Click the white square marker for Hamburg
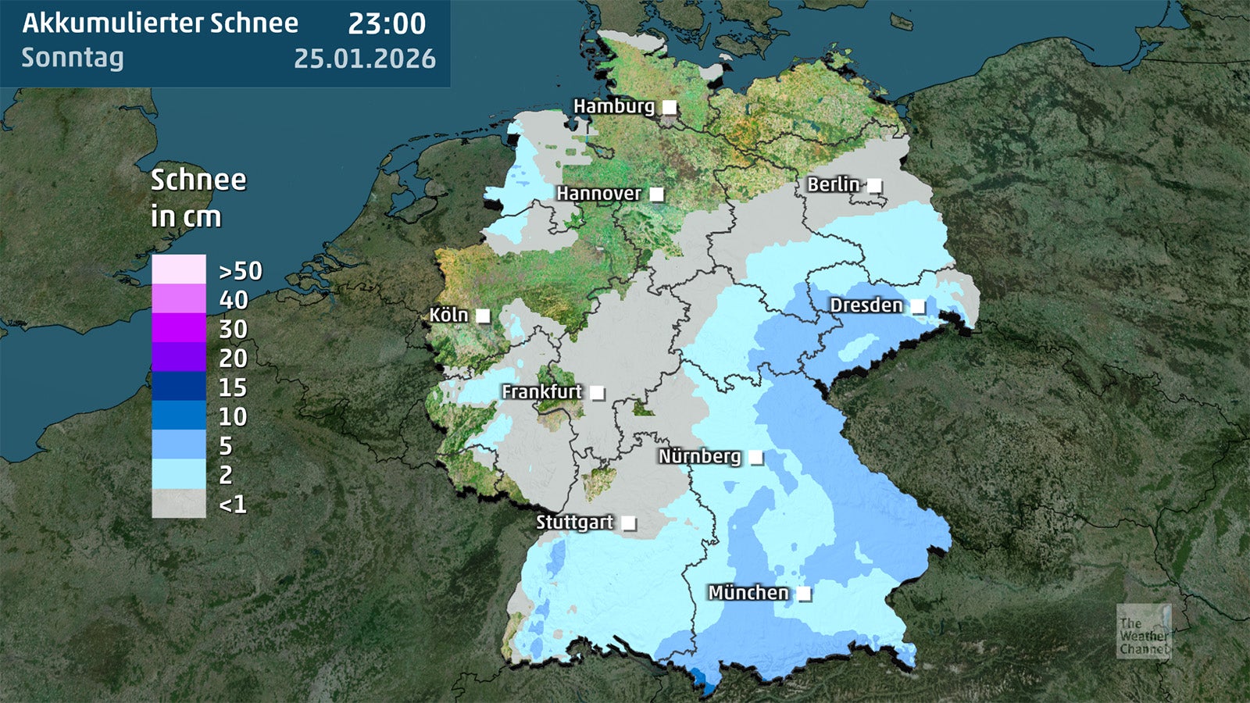670,107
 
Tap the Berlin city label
833,184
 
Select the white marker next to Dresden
918,306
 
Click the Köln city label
448,316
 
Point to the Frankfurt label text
541,391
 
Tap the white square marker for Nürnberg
755,457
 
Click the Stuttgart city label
574,523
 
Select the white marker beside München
803,594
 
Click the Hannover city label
598,193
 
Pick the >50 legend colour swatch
179,269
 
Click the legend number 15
233,387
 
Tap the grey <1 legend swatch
179,504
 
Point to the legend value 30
233,330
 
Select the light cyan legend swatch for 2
179,474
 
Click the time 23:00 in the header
387,24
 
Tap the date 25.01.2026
365,59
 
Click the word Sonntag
73,58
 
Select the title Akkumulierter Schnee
160,23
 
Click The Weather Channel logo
1144,631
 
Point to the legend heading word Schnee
198,180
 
